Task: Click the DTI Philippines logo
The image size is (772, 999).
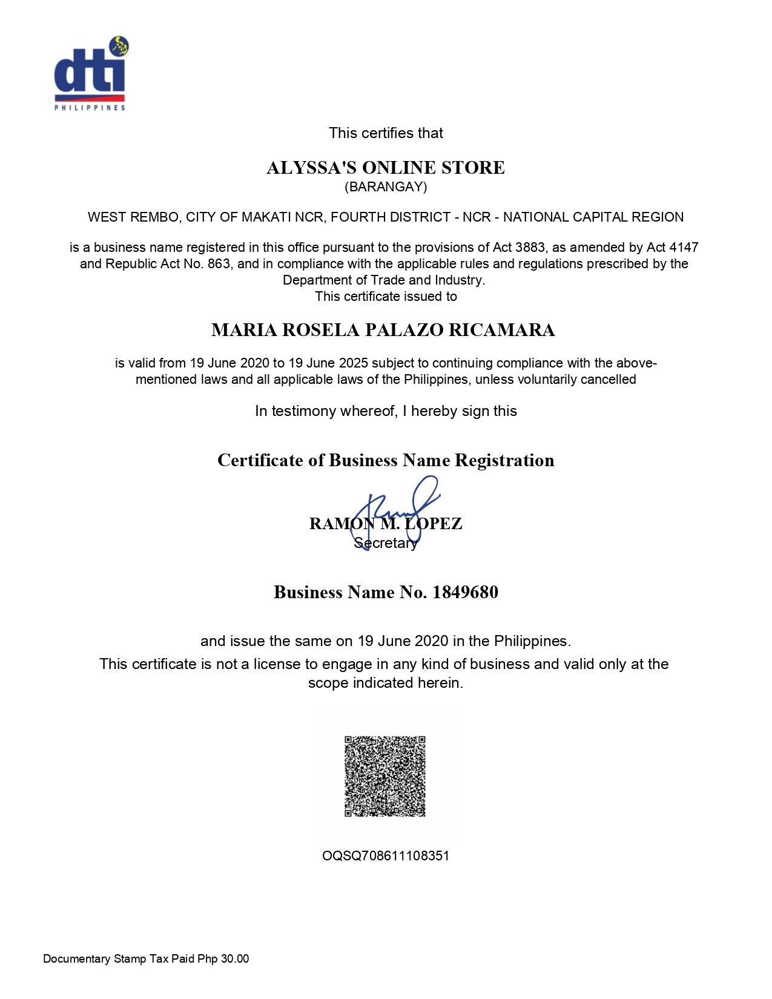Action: click(91, 73)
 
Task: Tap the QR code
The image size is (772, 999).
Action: click(385, 776)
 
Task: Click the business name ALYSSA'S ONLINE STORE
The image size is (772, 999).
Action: click(386, 168)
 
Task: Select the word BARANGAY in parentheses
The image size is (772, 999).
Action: click(386, 187)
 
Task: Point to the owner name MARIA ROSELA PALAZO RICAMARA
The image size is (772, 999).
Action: click(383, 330)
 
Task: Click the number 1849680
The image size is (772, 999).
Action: click(465, 592)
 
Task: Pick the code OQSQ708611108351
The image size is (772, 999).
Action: click(386, 856)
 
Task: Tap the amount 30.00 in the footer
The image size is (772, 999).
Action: click(235, 959)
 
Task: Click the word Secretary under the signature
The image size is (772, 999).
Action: click(386, 543)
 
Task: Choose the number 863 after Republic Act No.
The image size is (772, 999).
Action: click(219, 264)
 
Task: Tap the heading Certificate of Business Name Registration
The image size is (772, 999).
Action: click(386, 461)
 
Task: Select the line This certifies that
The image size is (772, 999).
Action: click(386, 133)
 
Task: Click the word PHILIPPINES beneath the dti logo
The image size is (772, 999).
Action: click(90, 108)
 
